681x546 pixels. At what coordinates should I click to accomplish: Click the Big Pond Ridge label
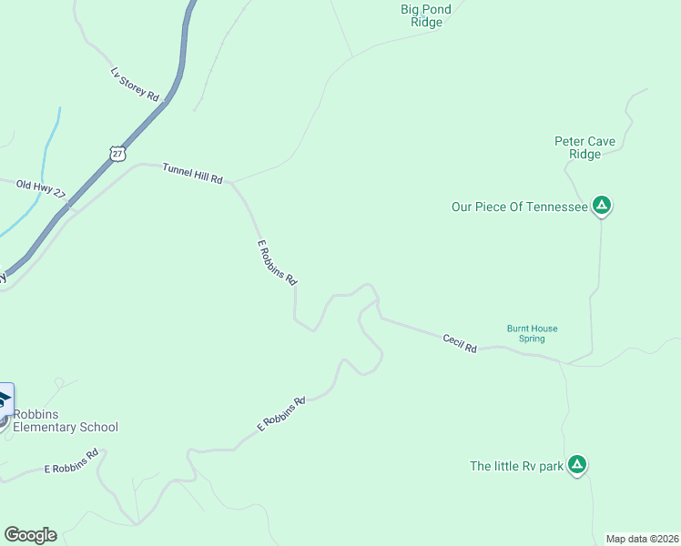[421, 15]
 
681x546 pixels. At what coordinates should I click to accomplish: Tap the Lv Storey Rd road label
[135, 84]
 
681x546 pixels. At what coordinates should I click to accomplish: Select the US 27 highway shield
[117, 153]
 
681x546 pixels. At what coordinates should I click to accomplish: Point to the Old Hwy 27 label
[41, 188]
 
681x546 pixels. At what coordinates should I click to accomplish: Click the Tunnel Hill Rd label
[192, 173]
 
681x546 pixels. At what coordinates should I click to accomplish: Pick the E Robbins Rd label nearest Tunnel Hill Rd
[277, 263]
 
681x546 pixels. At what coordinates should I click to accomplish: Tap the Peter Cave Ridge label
[584, 147]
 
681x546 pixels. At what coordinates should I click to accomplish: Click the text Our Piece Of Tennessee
[519, 207]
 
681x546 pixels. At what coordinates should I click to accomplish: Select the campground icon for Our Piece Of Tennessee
[601, 206]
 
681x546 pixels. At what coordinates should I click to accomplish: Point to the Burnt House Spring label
[532, 333]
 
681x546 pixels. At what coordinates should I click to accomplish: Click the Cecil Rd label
[460, 343]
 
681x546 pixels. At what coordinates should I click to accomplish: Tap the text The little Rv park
[516, 466]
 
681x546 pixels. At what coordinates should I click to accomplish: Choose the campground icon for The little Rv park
[576, 464]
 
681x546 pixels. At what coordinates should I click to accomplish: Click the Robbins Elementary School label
[65, 420]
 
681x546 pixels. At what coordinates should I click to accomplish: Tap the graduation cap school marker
[4, 399]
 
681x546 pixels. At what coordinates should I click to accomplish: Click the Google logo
[30, 535]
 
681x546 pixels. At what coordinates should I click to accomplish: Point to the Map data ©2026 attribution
[642, 538]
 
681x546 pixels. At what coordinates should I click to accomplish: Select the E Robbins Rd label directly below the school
[71, 460]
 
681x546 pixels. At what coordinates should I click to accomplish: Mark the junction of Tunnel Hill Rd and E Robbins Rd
[232, 182]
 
